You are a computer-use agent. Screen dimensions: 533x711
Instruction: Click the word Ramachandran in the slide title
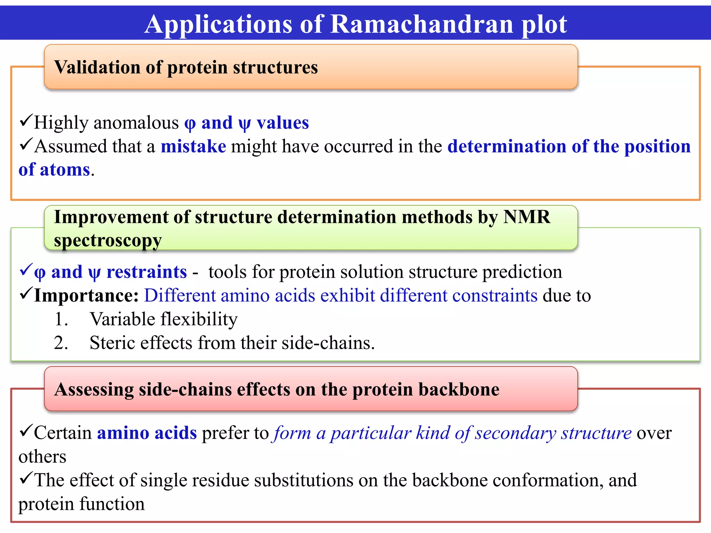[421, 24]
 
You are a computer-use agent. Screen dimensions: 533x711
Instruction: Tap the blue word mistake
[193, 146]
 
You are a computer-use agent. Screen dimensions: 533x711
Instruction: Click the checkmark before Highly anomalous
[26, 121]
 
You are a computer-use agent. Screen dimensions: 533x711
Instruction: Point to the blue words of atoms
[54, 170]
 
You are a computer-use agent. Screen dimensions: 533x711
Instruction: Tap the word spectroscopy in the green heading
[108, 240]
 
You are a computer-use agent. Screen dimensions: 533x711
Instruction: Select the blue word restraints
[147, 272]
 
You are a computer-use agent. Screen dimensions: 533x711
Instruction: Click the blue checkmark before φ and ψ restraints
[26, 270]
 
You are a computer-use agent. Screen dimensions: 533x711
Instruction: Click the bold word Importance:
[86, 296]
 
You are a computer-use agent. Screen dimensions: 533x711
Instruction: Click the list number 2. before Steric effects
[61, 343]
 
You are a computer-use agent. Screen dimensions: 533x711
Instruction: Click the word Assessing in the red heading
[94, 389]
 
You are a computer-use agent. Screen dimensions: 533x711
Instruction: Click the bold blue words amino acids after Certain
[147, 433]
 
